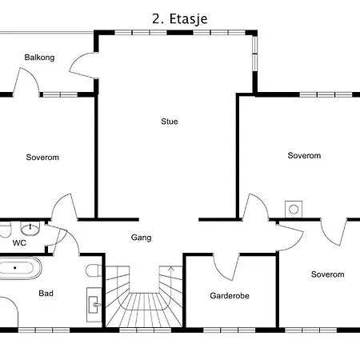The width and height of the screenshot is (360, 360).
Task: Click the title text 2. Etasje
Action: pos(180,19)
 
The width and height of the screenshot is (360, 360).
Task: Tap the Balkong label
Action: pos(39,58)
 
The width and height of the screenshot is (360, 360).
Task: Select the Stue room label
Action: pos(170,122)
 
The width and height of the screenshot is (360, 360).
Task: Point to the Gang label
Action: pos(141,238)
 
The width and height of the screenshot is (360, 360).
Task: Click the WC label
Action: pos(19,243)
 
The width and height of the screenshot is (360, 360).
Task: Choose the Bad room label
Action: pos(46,294)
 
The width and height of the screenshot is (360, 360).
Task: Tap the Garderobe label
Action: pos(230,295)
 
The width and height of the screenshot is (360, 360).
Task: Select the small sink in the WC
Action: pos(30,229)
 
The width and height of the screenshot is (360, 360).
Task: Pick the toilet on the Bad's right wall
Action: pos(94,270)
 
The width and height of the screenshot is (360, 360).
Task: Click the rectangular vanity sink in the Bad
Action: pos(94,305)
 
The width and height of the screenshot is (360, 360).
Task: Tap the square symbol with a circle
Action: pos(294,210)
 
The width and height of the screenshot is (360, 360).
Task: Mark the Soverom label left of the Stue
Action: pos(42,158)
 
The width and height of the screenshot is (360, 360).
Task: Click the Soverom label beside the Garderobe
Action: pos(327,274)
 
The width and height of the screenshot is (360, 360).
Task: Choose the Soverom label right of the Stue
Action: pos(304,155)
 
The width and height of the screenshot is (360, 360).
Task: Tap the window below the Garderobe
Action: pos(230,330)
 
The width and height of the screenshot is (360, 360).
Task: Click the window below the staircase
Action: pos(145,330)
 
